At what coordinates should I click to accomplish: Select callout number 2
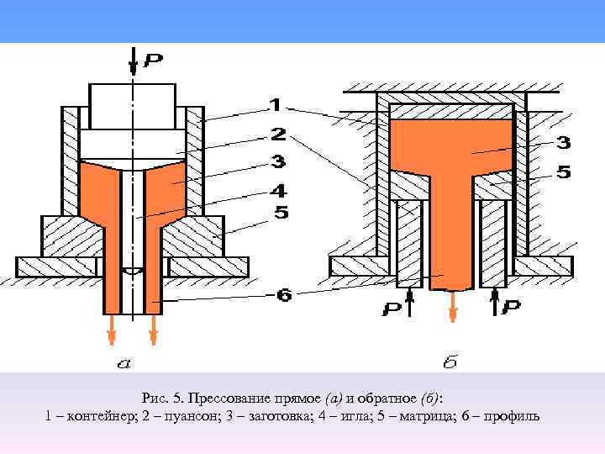278,134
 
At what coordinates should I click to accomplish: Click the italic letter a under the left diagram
124,363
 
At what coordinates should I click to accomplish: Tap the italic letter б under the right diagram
450,363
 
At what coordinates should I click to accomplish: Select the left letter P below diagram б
391,309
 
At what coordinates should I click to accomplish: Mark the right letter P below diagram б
512,309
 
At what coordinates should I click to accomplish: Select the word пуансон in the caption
181,416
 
